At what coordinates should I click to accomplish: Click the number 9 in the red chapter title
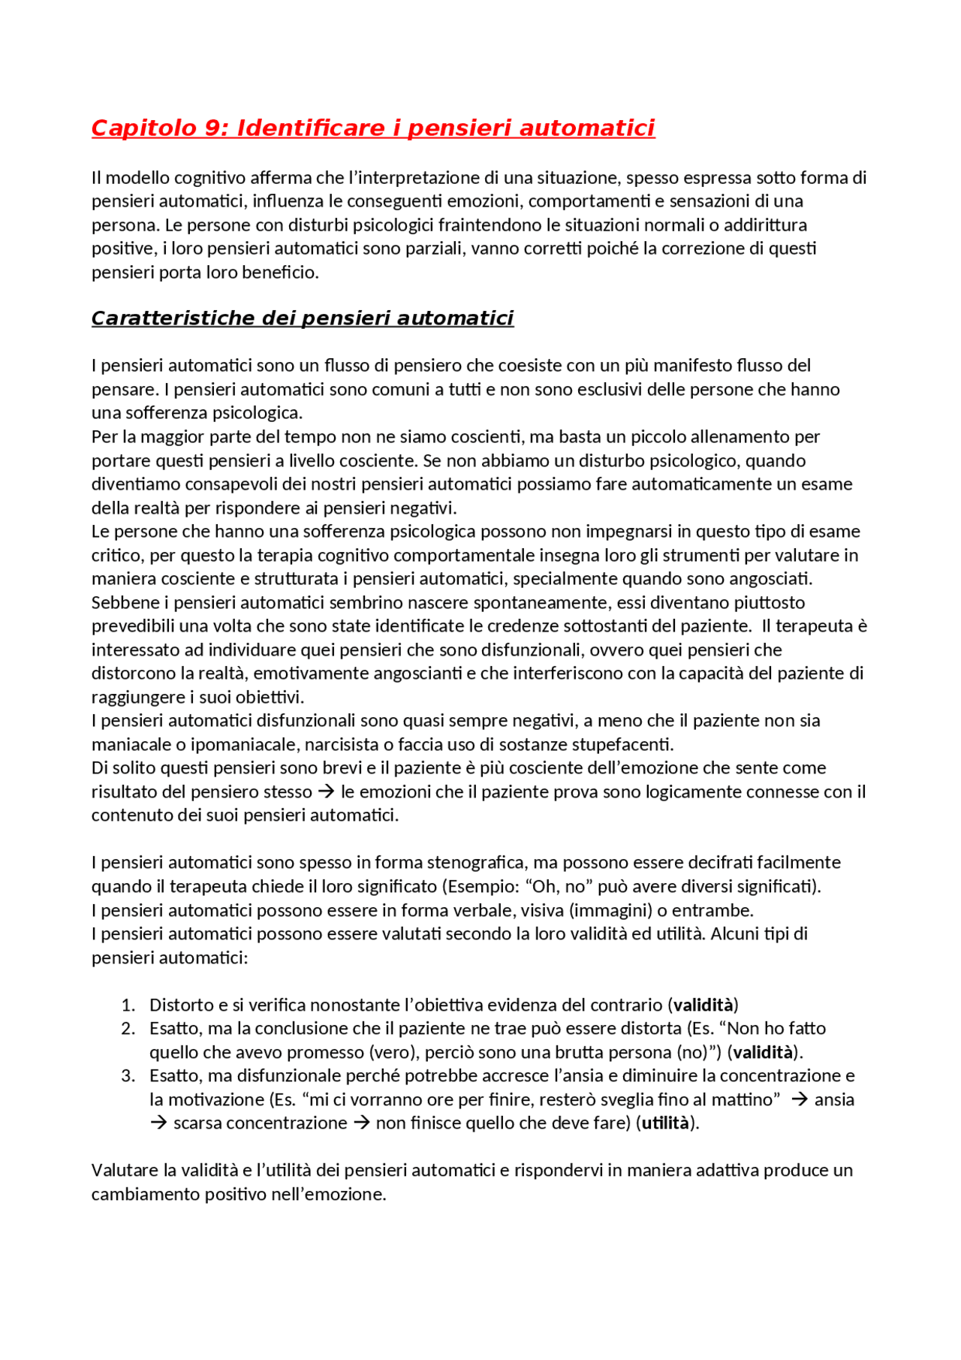tap(212, 128)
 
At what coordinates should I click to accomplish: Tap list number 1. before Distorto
tap(128, 1005)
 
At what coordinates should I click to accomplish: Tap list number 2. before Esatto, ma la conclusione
tap(128, 1028)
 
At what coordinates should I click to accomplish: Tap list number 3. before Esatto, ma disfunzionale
tap(128, 1075)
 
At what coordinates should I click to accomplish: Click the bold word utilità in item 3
tap(665, 1123)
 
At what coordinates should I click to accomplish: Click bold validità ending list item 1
tap(703, 1005)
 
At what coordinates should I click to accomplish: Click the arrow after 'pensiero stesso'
tap(326, 792)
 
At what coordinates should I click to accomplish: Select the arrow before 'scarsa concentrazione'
tap(158, 1123)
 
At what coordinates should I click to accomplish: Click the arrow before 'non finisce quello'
tap(361, 1123)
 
